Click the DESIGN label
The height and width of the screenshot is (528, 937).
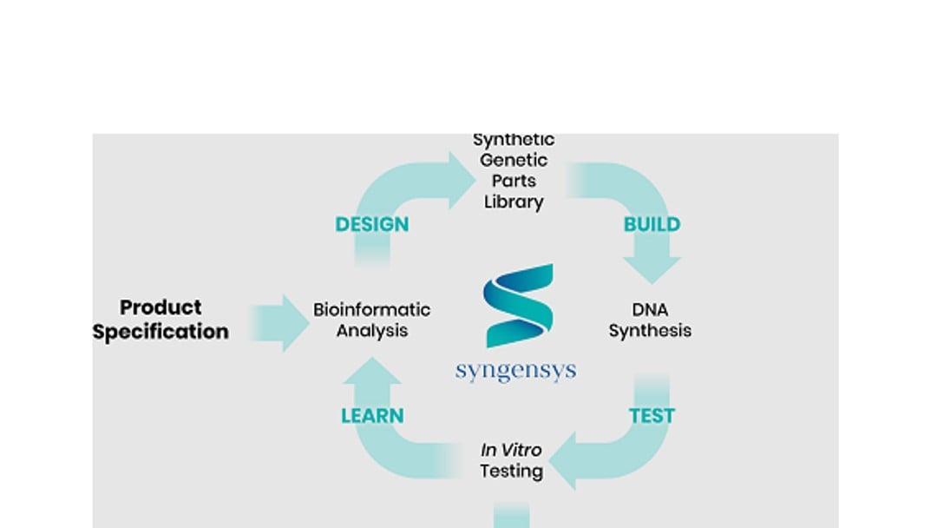click(371, 224)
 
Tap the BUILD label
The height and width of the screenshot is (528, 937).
click(652, 224)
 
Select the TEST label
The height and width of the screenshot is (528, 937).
click(652, 416)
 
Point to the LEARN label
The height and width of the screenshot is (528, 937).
click(372, 416)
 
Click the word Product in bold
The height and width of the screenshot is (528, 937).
click(161, 307)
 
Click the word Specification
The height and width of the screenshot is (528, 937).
click(161, 332)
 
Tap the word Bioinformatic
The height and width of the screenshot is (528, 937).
click(371, 309)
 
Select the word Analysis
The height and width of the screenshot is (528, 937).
click(372, 331)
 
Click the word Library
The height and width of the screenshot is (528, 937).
click(514, 202)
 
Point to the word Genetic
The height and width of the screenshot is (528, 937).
click(514, 160)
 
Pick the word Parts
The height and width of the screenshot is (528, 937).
click(514, 181)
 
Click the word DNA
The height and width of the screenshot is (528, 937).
click(650, 309)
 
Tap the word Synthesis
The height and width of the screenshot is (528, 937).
click(650, 331)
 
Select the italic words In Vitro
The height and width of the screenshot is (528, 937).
click(511, 450)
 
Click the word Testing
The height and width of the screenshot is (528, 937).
click(512, 472)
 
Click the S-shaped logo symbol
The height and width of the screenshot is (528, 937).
click(519, 306)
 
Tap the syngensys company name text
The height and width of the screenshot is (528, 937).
click(515, 372)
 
